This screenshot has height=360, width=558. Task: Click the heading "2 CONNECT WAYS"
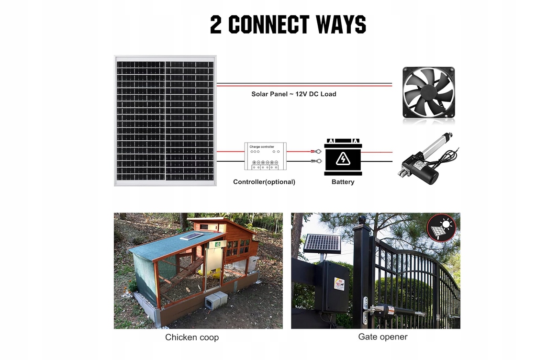coord(288,25)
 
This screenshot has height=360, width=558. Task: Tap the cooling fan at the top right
coord(428,92)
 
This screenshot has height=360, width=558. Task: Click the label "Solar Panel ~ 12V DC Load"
coord(294,94)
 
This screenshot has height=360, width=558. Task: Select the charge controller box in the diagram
coord(266,156)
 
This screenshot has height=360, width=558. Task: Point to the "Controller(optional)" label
coord(264,182)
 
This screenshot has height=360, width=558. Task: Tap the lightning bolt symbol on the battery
coord(343,159)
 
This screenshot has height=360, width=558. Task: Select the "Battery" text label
coord(343,182)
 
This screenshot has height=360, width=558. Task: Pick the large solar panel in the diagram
coord(165,121)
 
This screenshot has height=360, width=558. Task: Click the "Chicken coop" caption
coord(192,337)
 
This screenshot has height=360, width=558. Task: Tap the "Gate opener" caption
coord(383,337)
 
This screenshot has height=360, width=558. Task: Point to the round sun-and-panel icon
coord(441,227)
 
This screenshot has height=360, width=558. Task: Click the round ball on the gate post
coord(362,221)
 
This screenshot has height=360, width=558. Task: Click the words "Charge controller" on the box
coord(262,146)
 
